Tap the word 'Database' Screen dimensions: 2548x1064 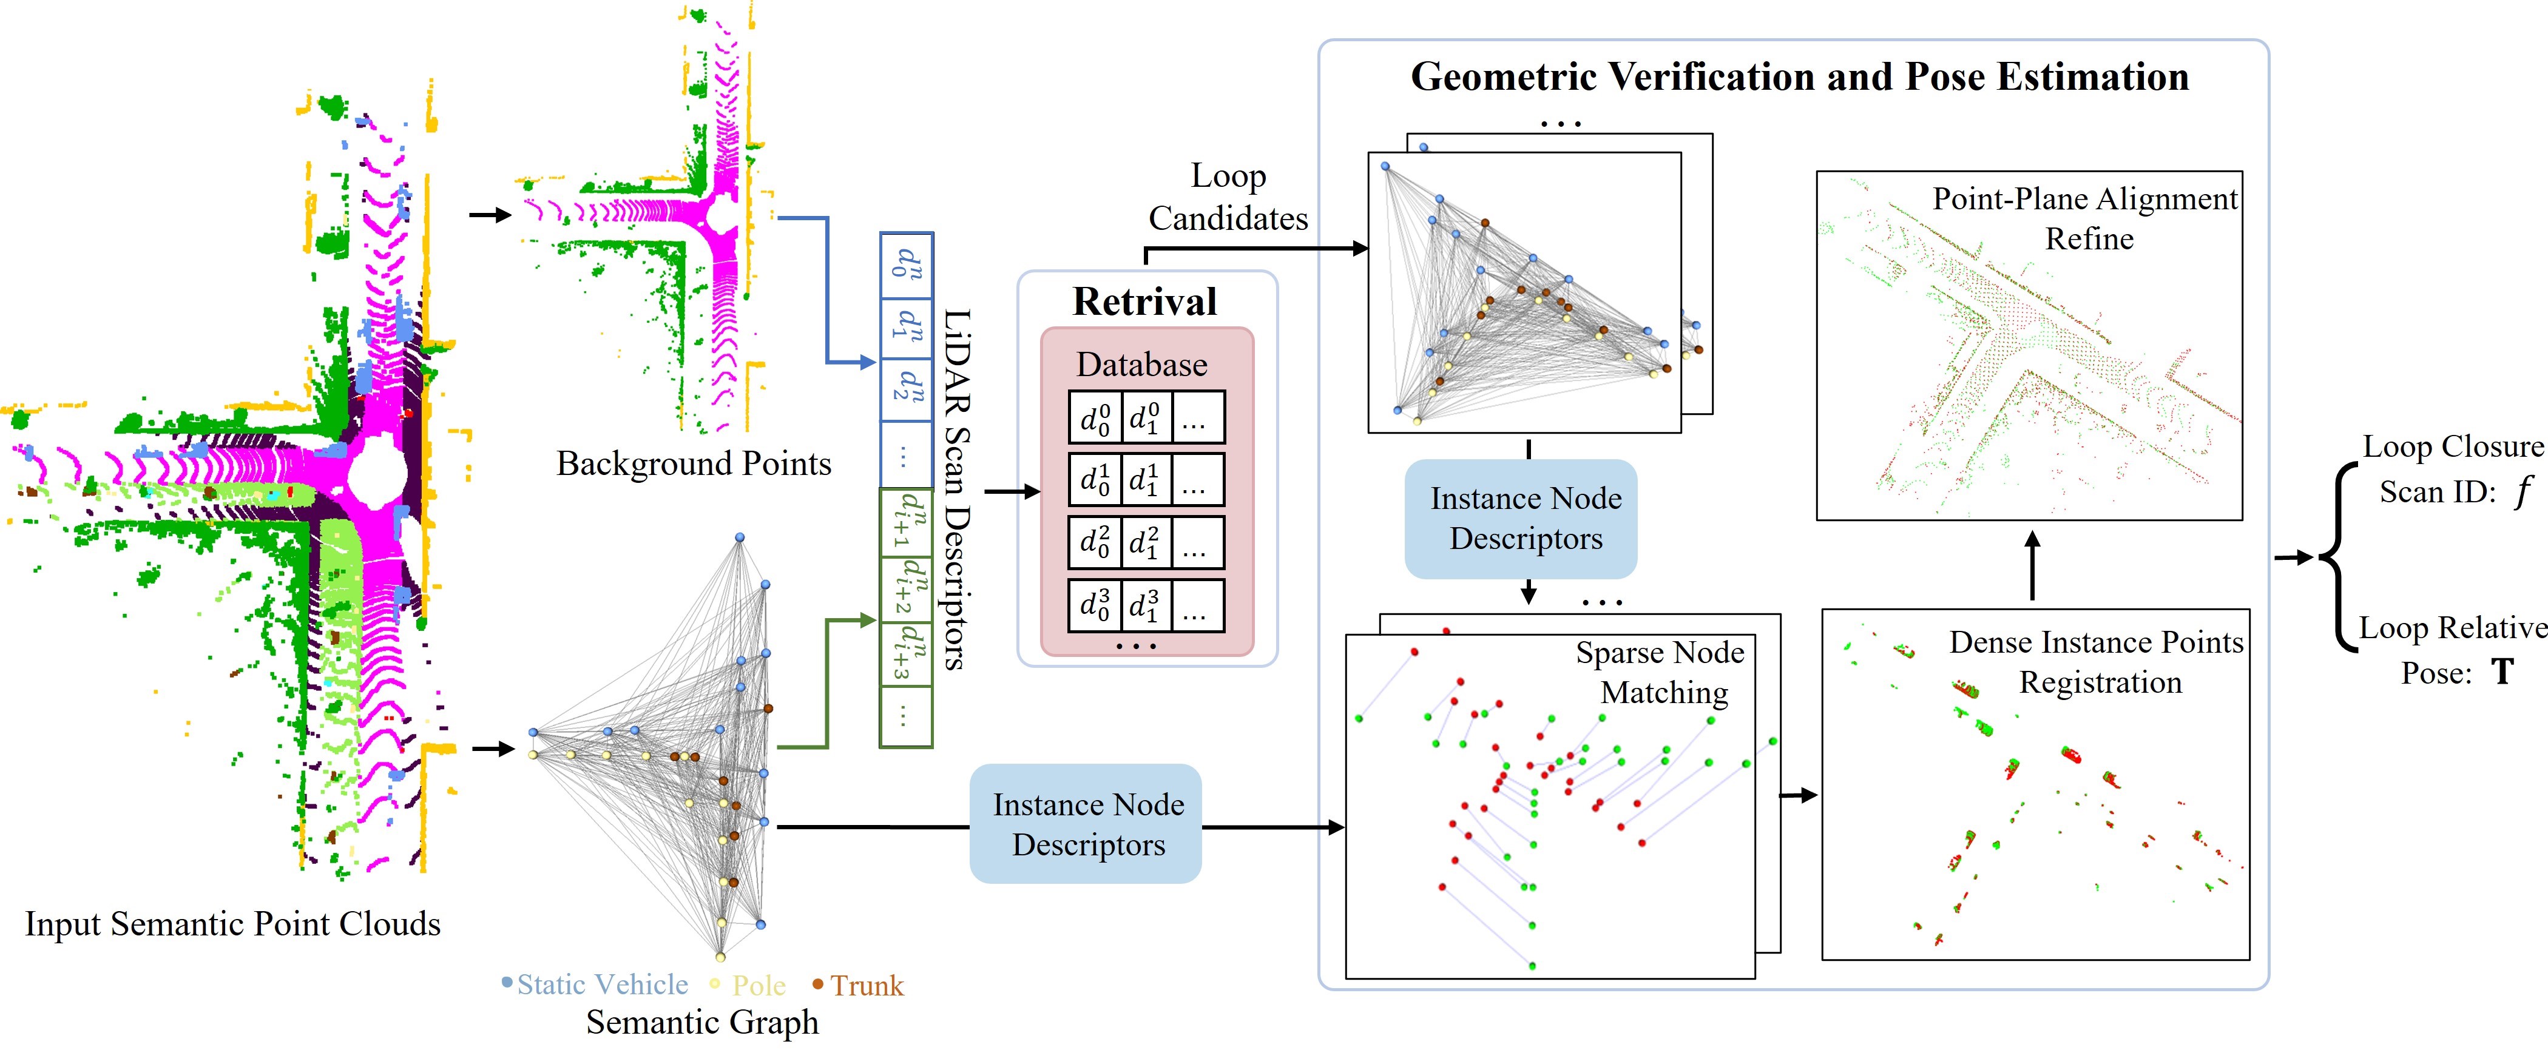pyautogui.click(x=1143, y=365)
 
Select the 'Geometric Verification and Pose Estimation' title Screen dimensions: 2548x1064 pyautogui.click(x=1799, y=77)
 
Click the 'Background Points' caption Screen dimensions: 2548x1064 pyautogui.click(x=694, y=464)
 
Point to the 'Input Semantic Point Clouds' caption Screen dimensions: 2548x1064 pyautogui.click(x=232, y=924)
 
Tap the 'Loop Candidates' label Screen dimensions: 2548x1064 pyautogui.click(x=1229, y=197)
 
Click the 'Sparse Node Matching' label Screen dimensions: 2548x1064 pyautogui.click(x=1661, y=672)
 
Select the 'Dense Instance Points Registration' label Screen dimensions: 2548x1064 pyautogui.click(x=2097, y=662)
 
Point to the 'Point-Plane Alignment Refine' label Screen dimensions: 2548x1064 pyautogui.click(x=2086, y=218)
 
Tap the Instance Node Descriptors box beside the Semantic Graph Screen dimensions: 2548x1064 pyautogui.click(x=1085, y=824)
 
